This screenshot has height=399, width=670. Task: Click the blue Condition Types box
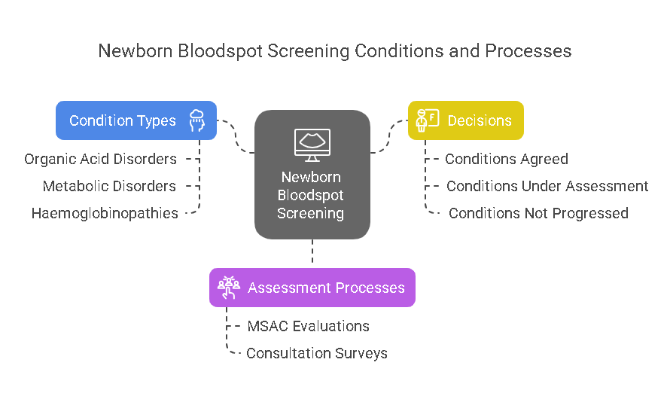tap(136, 120)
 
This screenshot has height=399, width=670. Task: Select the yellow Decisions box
tap(466, 120)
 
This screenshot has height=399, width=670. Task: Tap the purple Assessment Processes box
tap(312, 288)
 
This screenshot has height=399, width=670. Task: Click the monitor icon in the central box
tap(312, 145)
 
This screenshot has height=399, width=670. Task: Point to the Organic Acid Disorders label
tap(100, 159)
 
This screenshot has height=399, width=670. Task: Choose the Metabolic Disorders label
tap(109, 186)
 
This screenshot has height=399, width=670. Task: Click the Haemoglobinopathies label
tap(105, 213)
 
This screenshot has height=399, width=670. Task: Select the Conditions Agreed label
tap(507, 159)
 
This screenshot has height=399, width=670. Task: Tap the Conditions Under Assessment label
tap(547, 186)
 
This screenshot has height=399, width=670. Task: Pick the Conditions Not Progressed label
tap(538, 213)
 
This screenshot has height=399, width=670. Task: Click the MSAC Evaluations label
tap(308, 326)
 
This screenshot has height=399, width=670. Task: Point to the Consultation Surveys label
tap(317, 353)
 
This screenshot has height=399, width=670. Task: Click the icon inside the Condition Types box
tap(197, 120)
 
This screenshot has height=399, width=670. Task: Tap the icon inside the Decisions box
tap(428, 120)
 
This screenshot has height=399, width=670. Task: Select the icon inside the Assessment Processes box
tap(229, 288)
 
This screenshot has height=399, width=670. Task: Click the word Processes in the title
tap(528, 51)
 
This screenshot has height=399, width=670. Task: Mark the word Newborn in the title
tap(136, 51)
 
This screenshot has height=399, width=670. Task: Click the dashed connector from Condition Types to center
tap(236, 135)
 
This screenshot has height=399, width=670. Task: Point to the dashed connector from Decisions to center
tap(389, 136)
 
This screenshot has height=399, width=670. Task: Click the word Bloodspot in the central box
tap(311, 195)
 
